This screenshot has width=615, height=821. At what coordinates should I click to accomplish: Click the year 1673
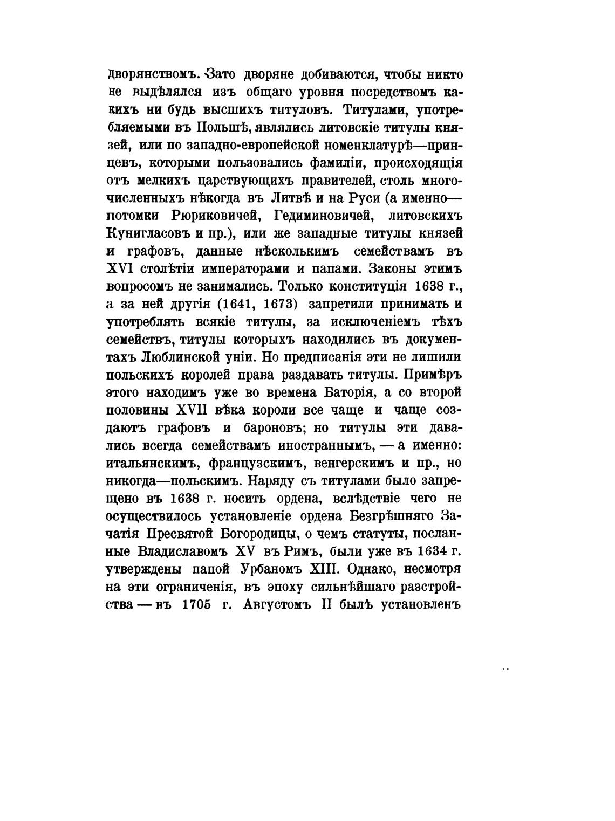coord(278,304)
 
